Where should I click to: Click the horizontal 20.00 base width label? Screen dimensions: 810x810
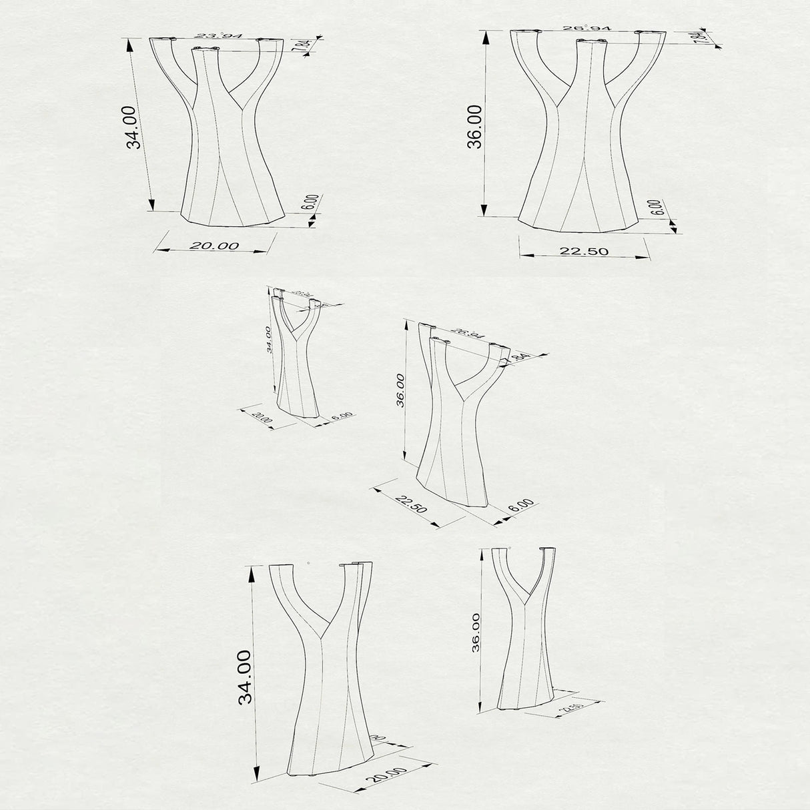pos(214,246)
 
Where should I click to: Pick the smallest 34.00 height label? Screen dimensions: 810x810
pos(268,340)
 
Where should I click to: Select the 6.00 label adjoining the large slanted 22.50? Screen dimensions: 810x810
pos(521,504)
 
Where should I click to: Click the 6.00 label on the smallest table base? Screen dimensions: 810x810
pos(342,416)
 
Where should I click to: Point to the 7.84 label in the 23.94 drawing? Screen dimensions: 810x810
pos(304,47)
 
